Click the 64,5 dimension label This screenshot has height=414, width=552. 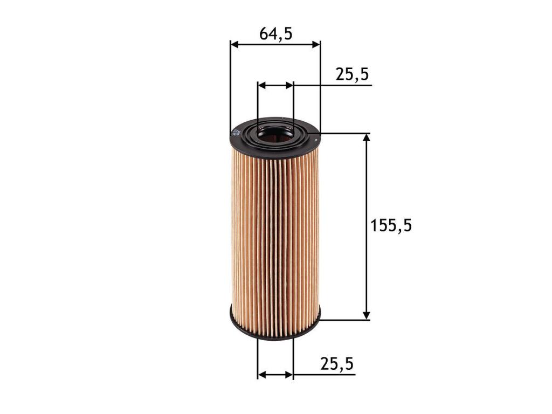click(276, 34)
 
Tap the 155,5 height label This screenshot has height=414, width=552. click(391, 225)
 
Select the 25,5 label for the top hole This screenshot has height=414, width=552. click(351, 74)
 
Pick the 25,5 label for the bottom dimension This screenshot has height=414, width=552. click(337, 364)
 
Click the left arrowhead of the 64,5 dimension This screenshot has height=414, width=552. click(234, 44)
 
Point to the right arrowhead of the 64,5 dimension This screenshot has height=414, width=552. click(316, 44)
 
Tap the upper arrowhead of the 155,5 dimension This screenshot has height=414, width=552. click(367, 138)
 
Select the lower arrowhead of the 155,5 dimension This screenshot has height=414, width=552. click(367, 315)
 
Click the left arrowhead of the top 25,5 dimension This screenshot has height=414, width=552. click(261, 86)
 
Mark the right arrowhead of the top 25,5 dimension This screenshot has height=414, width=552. click(289, 86)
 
